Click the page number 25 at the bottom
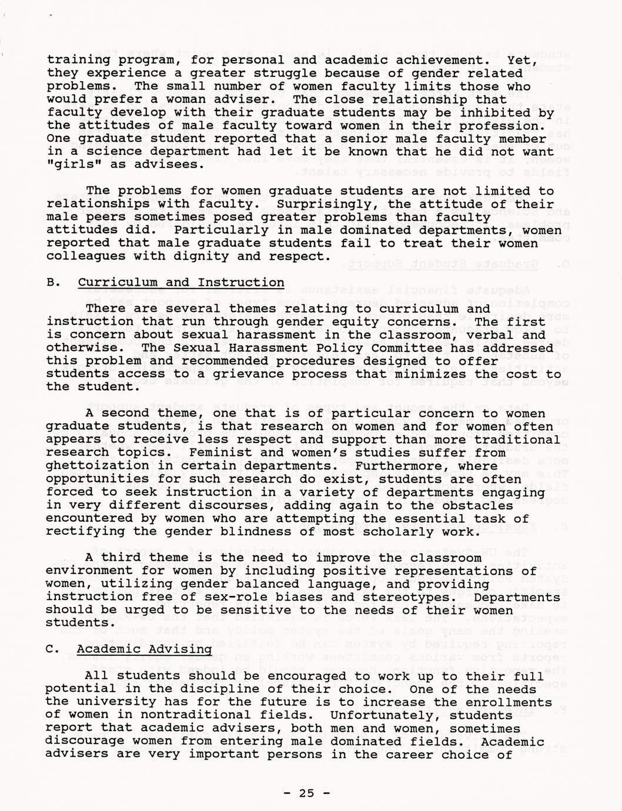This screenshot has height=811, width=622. (x=306, y=793)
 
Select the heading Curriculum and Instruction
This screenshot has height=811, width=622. (x=181, y=283)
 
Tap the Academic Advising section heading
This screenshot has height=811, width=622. (x=144, y=649)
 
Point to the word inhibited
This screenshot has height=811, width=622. (x=493, y=112)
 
